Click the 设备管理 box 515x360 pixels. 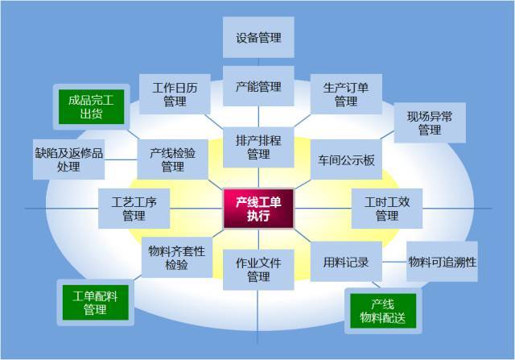pos(258,38)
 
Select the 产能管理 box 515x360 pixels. pos(258,86)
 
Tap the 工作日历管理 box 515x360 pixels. pos(175,94)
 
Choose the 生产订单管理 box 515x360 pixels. pos(346,94)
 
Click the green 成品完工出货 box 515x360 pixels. pos(91,107)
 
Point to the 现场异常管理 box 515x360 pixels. pos(430,122)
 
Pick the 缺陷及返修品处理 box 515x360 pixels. pos(68,159)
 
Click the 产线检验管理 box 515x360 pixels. pos(173,159)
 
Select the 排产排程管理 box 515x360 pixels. pos(258,147)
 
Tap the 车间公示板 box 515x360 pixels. pos(346,159)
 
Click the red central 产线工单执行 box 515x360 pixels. pos(258,209)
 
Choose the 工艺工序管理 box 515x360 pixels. pos(134,209)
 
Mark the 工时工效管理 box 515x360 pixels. pos(387,209)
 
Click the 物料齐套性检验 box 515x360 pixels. pos(177,258)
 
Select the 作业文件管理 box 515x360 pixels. pos(258,270)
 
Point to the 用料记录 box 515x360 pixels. pos(346,262)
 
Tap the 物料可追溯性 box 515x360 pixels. pos(442,262)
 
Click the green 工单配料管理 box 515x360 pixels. pos(95,303)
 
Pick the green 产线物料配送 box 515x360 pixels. pos(383,311)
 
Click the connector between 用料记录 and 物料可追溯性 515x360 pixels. pos(394,262)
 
